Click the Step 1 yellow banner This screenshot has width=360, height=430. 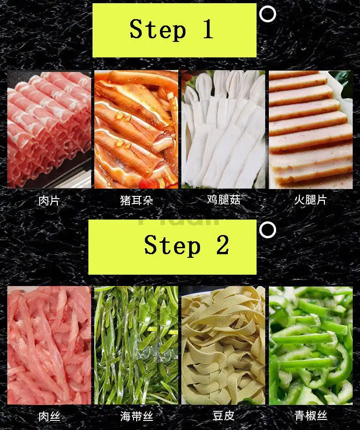[x=174, y=31]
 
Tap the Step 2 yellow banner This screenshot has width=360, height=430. [x=172, y=246]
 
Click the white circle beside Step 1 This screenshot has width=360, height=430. [x=267, y=14]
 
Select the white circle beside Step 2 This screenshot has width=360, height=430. [x=267, y=230]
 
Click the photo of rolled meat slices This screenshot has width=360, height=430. [x=49, y=130]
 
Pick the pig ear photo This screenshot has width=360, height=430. [x=136, y=130]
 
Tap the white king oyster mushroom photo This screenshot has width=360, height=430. [x=223, y=130]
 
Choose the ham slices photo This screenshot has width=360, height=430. [x=310, y=130]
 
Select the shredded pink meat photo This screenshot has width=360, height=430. [x=49, y=345]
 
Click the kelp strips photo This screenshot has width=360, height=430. [x=136, y=345]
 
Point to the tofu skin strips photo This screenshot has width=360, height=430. [x=223, y=345]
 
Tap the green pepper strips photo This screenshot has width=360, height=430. [x=310, y=345]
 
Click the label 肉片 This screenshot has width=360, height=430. [x=49, y=200]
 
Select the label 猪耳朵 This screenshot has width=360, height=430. [x=136, y=200]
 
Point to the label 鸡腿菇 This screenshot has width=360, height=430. [x=223, y=200]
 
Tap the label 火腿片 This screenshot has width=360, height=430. [x=310, y=200]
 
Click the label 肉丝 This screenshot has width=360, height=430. [x=49, y=416]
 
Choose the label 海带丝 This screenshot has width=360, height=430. [x=136, y=416]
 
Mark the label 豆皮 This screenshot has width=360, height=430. [x=223, y=415]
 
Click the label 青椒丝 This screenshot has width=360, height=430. [x=310, y=415]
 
